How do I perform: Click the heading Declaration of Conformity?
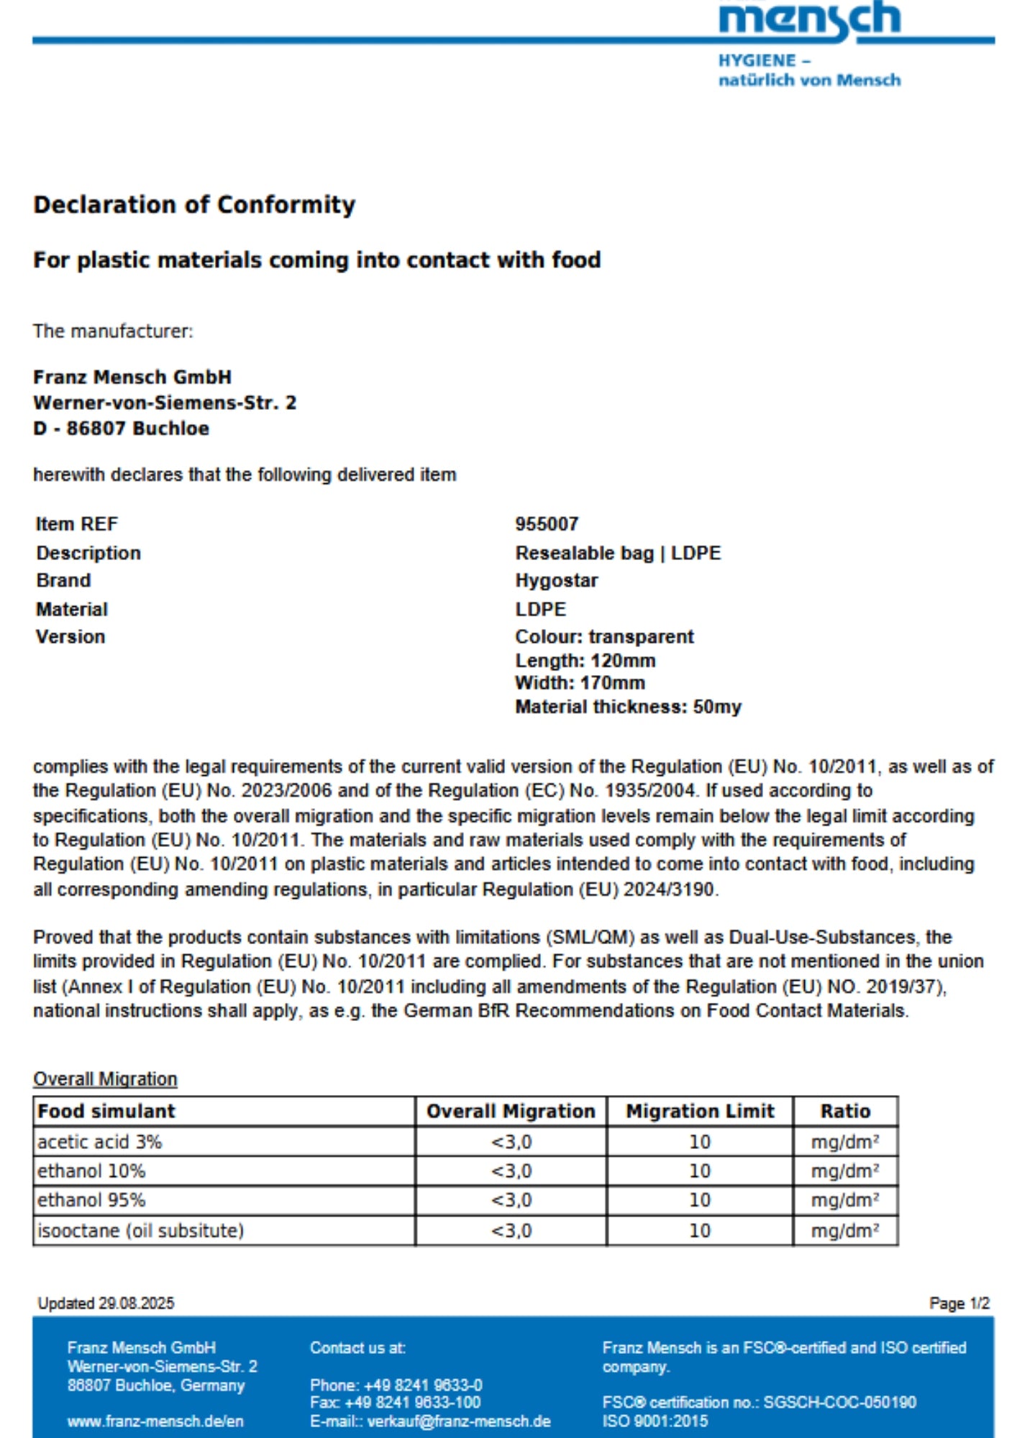click(x=194, y=205)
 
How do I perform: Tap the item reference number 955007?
click(x=547, y=524)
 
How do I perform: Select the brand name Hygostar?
click(x=556, y=580)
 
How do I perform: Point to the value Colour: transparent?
click(x=604, y=637)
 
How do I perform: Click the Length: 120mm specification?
click(x=585, y=661)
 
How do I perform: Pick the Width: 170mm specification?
click(x=580, y=683)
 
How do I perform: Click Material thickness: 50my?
click(x=628, y=707)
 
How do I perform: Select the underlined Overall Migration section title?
click(x=105, y=1079)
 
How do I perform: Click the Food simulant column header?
click(x=106, y=1112)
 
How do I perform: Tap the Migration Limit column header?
click(x=700, y=1112)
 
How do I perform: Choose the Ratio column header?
click(x=845, y=1112)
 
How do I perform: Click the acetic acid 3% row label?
click(x=100, y=1142)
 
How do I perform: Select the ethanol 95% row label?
click(x=91, y=1200)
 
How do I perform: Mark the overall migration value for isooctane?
click(x=511, y=1231)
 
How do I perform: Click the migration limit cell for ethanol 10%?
click(x=700, y=1171)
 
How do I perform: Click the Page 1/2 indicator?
click(x=959, y=1304)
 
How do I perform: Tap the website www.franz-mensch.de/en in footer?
click(x=155, y=1421)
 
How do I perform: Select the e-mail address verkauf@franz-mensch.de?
click(x=459, y=1421)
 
